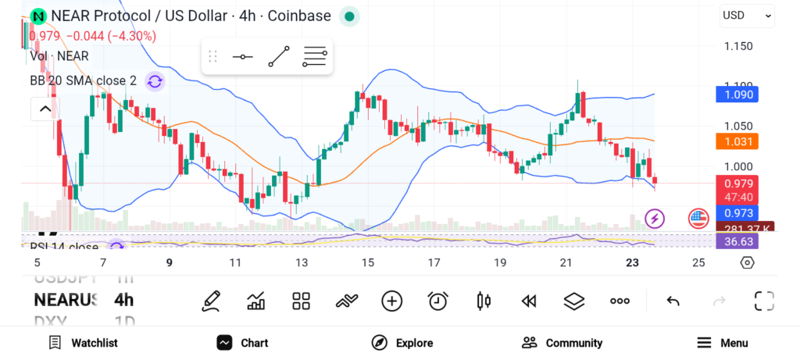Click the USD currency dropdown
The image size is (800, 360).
[747, 15]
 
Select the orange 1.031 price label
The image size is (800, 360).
[737, 141]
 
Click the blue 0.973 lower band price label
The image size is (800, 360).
[737, 213]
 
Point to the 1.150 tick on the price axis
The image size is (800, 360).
[737, 46]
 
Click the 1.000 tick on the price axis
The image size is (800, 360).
[737, 166]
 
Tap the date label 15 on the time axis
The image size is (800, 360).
[368, 263]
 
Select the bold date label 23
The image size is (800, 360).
[634, 263]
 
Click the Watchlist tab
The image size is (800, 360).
[83, 343]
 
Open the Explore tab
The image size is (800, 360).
[402, 343]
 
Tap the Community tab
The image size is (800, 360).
[562, 343]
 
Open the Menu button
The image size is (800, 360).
[723, 343]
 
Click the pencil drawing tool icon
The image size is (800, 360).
[210, 301]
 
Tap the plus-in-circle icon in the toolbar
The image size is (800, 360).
[391, 301]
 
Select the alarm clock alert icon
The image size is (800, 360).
[437, 301]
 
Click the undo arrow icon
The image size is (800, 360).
[673, 301]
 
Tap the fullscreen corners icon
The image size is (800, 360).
[764, 301]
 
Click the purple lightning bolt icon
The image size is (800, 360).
[654, 219]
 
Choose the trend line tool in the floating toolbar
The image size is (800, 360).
[279, 57]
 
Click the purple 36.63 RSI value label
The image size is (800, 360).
[737, 242]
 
